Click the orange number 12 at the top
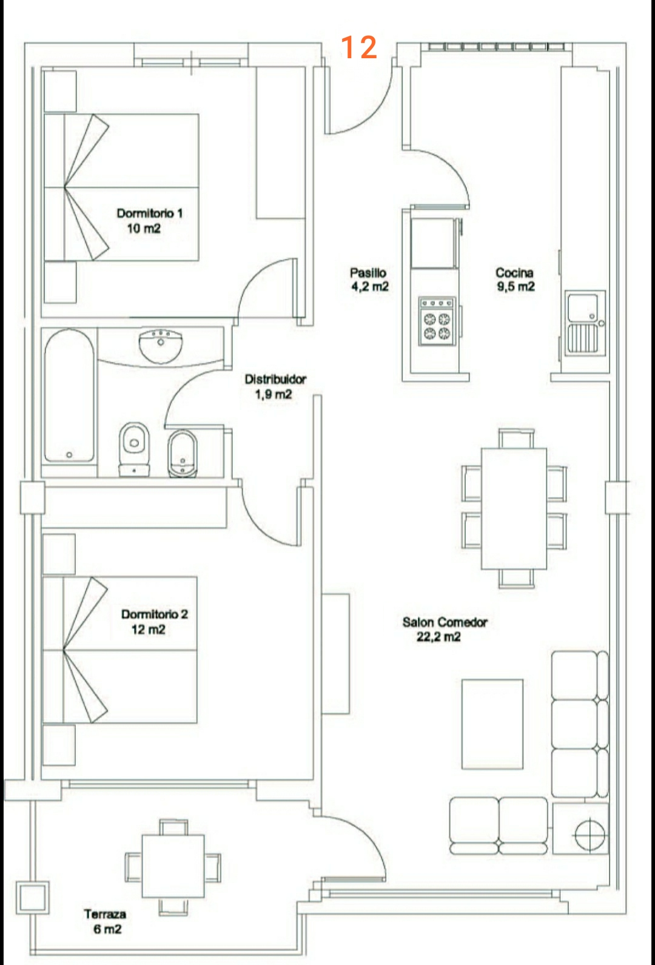coord(358,47)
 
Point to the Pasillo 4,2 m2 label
coord(369,280)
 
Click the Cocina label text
coord(515,272)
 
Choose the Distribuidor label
coord(275,379)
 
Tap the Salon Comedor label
coord(445,622)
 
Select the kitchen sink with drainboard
coord(584,322)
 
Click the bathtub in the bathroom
coord(69,395)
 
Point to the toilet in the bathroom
coord(135,449)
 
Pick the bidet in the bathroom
coord(183,452)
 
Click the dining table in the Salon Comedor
coord(514,508)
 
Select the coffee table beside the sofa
coord(492,724)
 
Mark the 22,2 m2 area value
coord(438,636)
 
